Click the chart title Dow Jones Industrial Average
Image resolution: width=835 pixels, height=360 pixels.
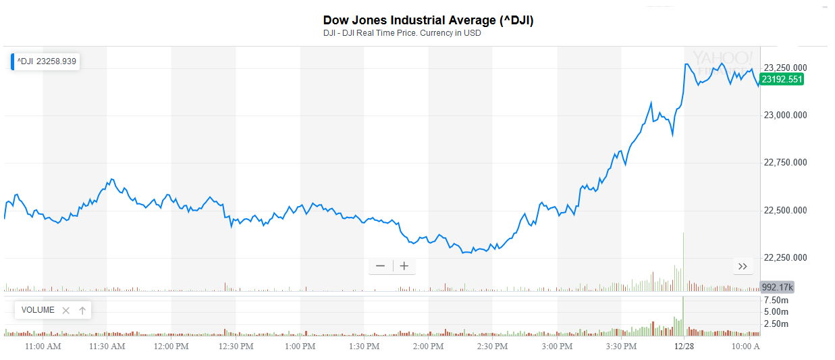(x=428, y=20)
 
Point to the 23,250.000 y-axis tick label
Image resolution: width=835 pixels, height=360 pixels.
(x=785, y=68)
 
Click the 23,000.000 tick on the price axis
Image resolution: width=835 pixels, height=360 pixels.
(x=785, y=115)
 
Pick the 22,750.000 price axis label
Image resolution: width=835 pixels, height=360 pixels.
(x=785, y=163)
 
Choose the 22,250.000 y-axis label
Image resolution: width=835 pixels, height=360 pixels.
(x=785, y=258)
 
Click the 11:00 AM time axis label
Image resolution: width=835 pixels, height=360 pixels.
(x=43, y=346)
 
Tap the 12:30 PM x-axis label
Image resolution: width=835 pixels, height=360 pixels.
(x=236, y=346)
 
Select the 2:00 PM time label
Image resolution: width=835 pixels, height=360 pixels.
(x=428, y=346)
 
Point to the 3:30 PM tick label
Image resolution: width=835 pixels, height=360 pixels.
(x=620, y=346)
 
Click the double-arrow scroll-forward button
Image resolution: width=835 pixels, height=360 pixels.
(x=743, y=266)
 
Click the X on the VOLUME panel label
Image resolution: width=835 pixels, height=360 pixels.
(x=65, y=310)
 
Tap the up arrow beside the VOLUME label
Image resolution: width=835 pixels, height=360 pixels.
(x=82, y=310)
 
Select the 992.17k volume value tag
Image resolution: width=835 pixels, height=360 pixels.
(x=777, y=287)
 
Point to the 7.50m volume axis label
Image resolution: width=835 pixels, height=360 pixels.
(x=776, y=300)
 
